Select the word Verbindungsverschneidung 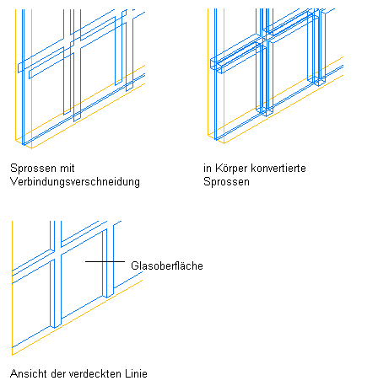75,182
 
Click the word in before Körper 208,168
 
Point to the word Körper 231,169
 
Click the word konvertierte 278,168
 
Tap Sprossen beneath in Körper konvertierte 226,182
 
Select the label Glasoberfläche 167,265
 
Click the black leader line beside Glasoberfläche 105,261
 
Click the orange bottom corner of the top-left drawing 31,148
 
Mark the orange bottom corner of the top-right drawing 224,143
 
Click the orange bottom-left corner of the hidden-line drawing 13,355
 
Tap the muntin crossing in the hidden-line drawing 56,251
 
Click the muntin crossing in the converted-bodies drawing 264,38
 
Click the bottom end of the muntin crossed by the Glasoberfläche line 108,296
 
